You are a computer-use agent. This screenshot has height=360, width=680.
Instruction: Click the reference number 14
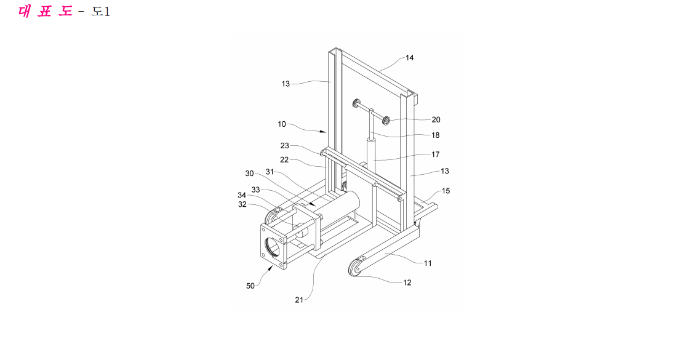click(409, 58)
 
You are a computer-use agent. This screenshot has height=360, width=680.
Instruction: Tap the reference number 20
click(436, 120)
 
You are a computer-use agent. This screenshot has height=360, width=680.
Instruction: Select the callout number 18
click(436, 135)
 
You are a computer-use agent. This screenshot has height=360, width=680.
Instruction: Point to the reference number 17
click(436, 154)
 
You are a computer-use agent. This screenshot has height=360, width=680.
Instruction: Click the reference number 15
click(446, 191)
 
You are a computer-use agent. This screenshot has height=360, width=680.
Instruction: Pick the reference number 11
click(428, 263)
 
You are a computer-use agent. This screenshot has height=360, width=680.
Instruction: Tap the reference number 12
click(407, 283)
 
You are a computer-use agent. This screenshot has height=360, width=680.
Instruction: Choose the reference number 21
click(299, 300)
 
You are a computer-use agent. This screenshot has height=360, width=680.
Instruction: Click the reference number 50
click(250, 286)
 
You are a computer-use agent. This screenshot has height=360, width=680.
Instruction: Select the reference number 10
click(282, 124)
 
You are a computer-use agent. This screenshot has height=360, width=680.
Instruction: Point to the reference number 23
click(284, 146)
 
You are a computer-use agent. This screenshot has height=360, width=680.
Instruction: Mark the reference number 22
click(284, 160)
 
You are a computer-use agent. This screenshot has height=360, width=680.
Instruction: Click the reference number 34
click(242, 195)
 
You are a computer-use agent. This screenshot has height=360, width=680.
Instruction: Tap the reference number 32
click(242, 204)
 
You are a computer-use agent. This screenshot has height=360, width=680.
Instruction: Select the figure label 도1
click(100, 12)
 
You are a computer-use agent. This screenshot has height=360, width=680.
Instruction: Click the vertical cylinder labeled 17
click(372, 153)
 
